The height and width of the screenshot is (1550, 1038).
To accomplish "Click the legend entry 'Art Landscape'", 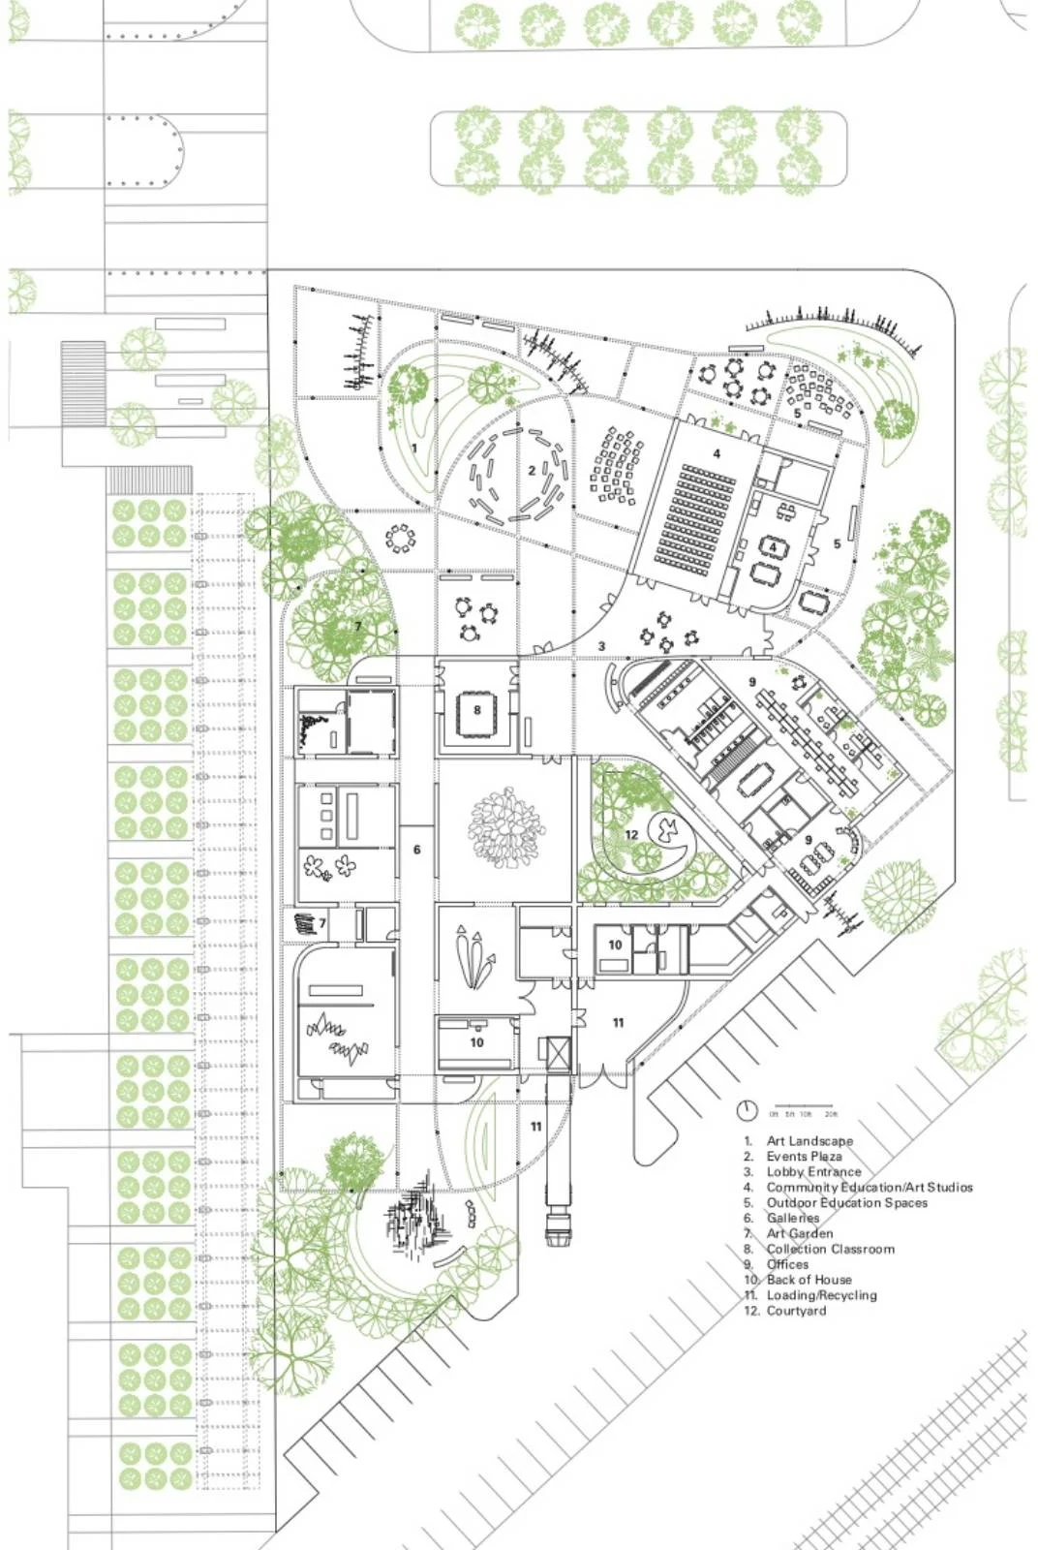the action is click(x=809, y=1141).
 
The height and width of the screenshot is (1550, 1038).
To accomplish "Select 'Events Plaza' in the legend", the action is click(x=804, y=1157).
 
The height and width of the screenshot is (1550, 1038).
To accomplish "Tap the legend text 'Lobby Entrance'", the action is click(x=813, y=1172).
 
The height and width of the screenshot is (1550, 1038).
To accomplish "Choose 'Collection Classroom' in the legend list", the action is click(x=830, y=1249).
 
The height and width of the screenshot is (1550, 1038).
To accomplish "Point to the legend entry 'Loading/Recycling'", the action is click(x=821, y=1295).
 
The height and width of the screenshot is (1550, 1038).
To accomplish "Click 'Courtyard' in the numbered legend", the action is click(x=796, y=1311).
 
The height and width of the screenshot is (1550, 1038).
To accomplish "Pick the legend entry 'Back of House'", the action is click(x=809, y=1280).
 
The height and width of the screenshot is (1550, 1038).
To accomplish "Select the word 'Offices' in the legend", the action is click(x=787, y=1264).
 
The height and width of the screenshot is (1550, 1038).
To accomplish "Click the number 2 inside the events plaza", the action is click(x=532, y=471).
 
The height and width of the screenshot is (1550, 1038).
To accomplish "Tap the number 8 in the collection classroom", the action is click(x=477, y=710).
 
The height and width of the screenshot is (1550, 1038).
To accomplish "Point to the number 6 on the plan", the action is click(x=417, y=850).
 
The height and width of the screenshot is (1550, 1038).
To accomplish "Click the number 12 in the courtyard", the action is click(x=630, y=834).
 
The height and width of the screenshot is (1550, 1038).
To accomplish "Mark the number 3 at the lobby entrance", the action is click(x=601, y=646).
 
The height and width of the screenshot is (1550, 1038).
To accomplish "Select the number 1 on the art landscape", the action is click(x=414, y=449).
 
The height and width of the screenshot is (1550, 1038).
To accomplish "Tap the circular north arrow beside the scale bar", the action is click(x=746, y=1110).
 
